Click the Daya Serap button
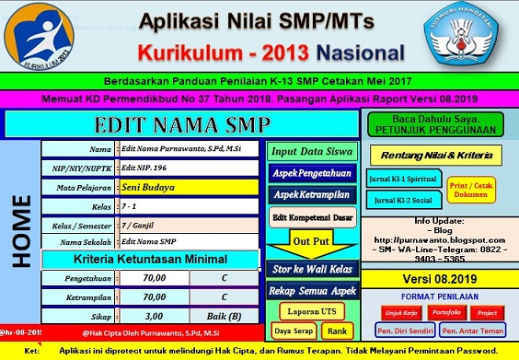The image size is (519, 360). [294, 331]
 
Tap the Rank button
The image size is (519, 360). [336, 331]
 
